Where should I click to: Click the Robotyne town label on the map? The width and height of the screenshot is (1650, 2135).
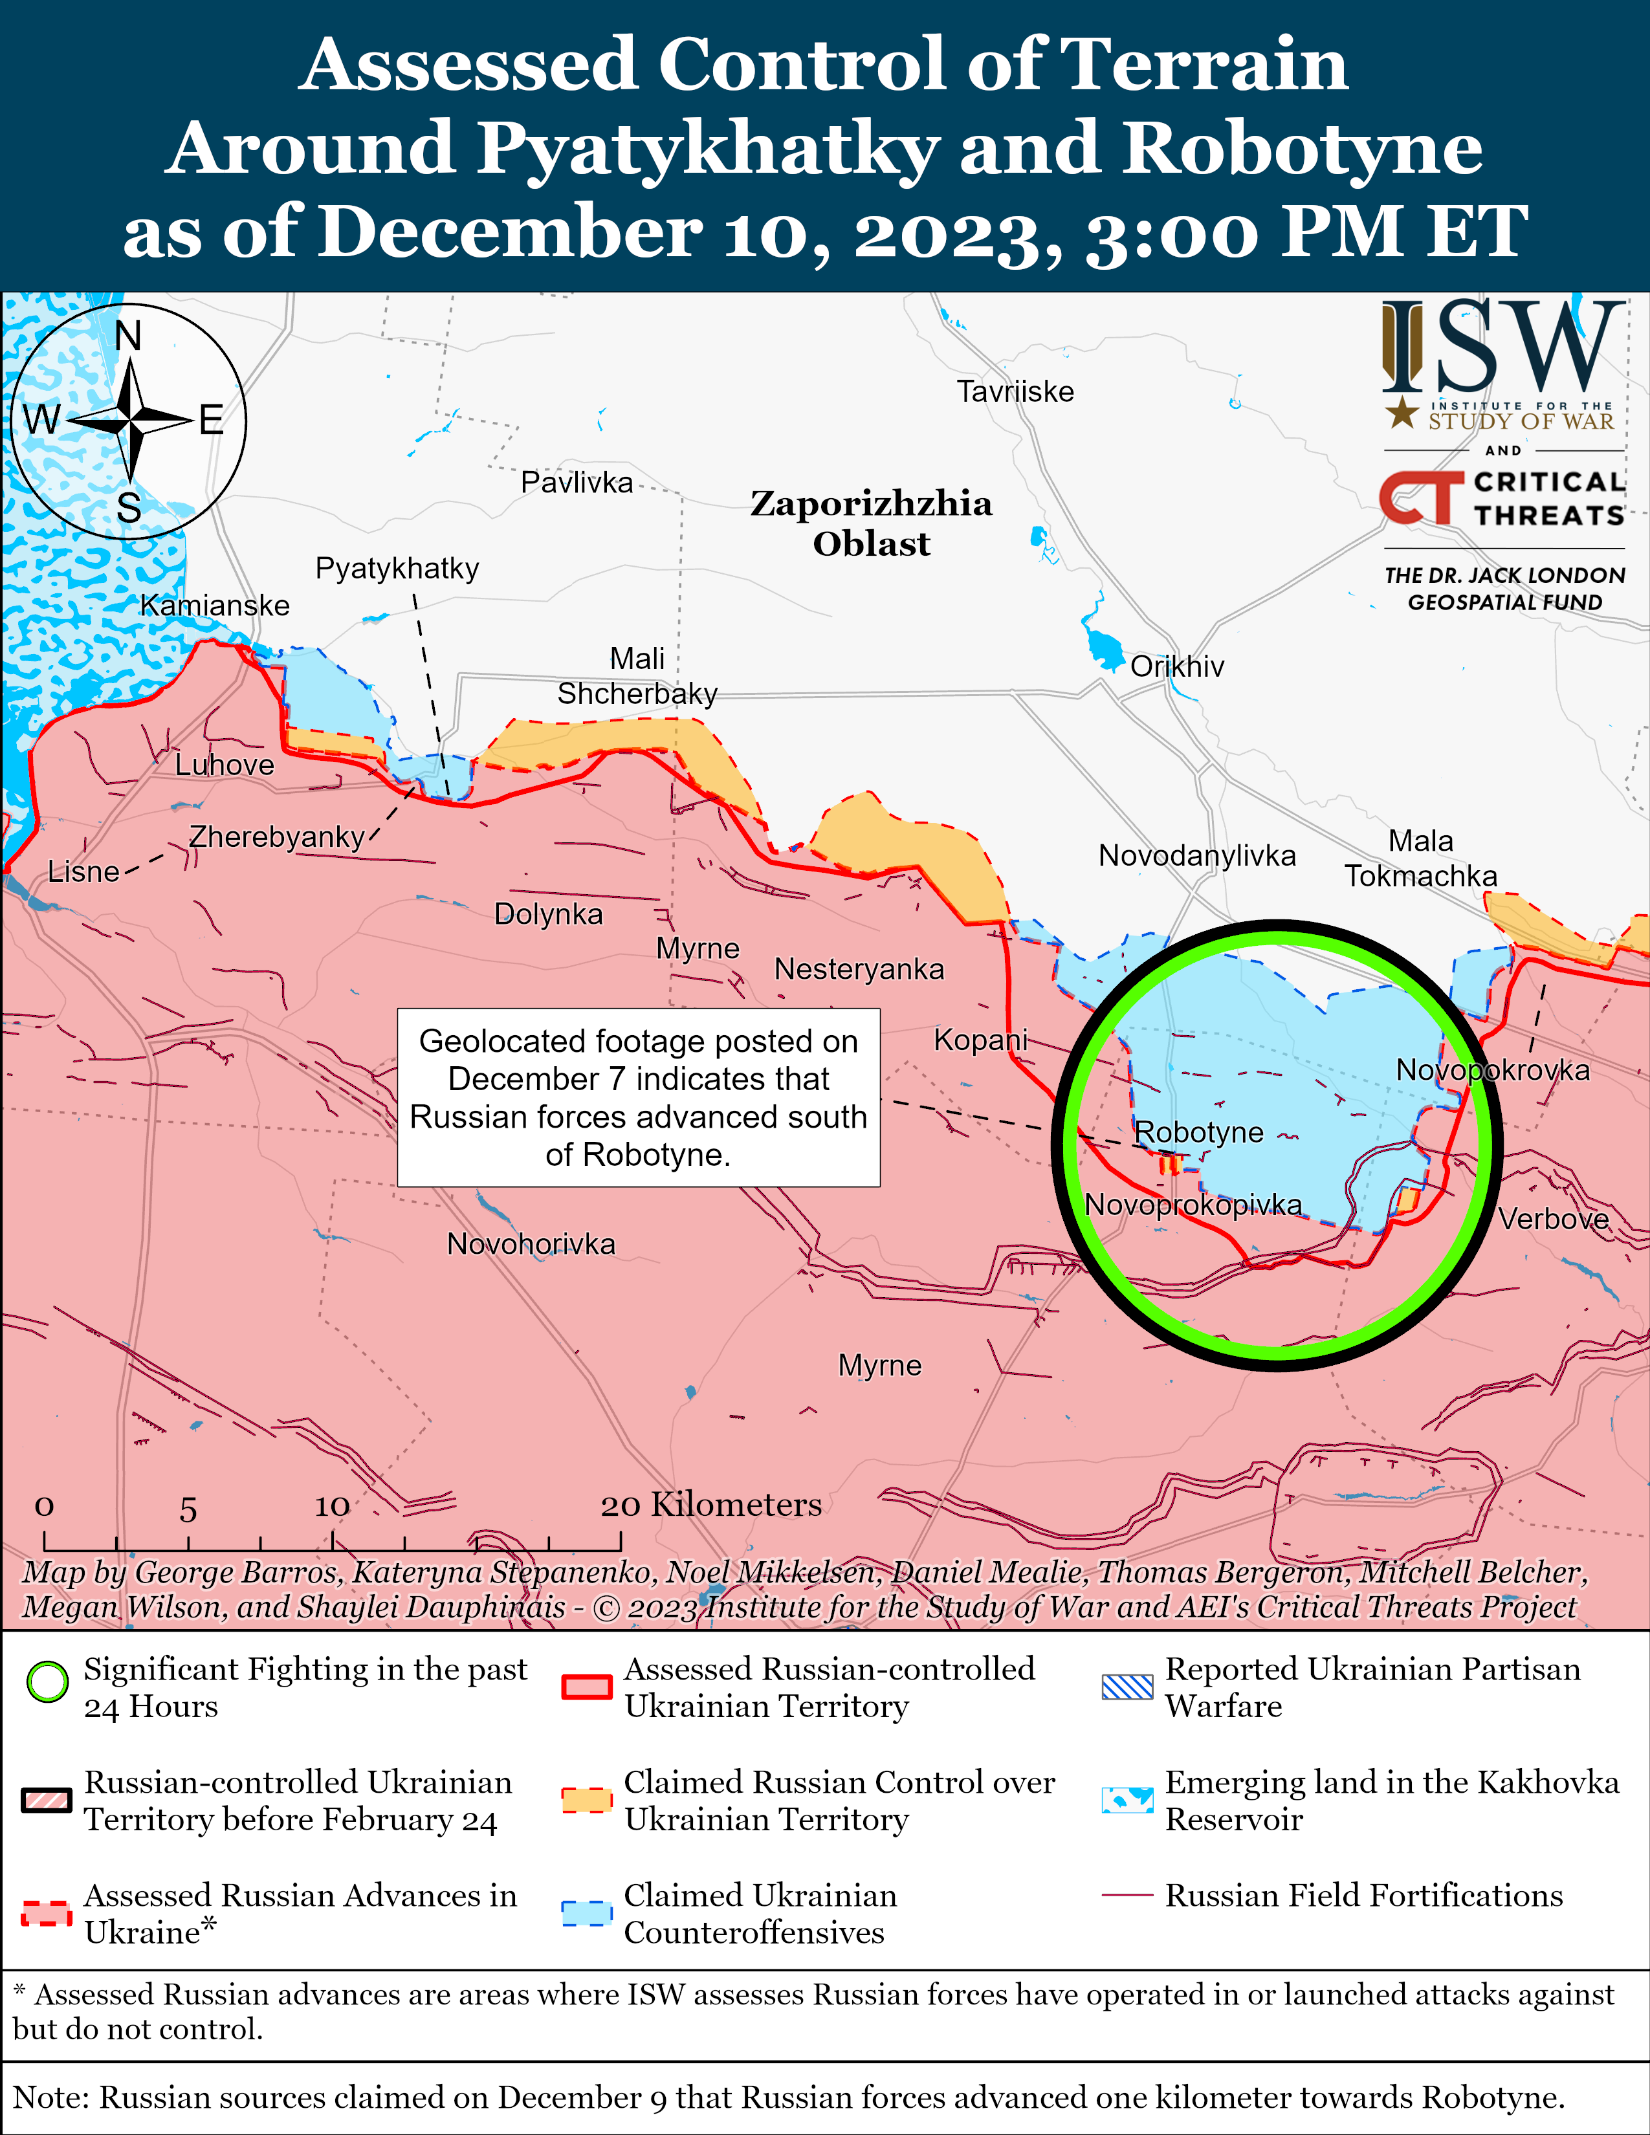[1198, 1132]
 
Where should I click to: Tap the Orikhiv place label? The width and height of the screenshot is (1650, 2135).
[1177, 666]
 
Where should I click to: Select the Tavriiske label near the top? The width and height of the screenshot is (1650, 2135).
[1015, 392]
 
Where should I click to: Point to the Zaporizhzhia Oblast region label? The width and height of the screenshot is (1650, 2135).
[871, 523]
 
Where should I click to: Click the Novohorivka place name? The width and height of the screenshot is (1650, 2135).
[531, 1244]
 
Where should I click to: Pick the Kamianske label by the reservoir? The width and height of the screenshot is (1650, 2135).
[215, 605]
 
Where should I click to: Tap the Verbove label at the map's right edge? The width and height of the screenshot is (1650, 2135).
[1553, 1219]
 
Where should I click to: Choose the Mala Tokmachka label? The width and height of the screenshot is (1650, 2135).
[1420, 859]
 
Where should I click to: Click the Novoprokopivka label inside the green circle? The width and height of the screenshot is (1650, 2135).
[1194, 1205]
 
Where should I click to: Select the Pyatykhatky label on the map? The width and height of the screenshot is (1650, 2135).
[397, 568]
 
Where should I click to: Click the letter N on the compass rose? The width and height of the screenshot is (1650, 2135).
[128, 336]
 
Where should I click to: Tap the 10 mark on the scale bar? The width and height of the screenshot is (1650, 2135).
[331, 1506]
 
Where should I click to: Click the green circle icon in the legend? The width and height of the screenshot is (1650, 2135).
[47, 1682]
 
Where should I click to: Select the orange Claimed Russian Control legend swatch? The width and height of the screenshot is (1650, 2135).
[586, 1800]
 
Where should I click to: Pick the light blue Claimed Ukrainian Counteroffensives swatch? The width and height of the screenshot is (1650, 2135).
[586, 1913]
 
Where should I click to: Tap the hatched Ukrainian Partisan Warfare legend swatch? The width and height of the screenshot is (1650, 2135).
[1127, 1686]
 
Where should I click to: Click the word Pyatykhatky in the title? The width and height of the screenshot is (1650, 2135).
[707, 149]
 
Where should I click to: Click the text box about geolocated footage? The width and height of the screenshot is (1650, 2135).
[638, 1098]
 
